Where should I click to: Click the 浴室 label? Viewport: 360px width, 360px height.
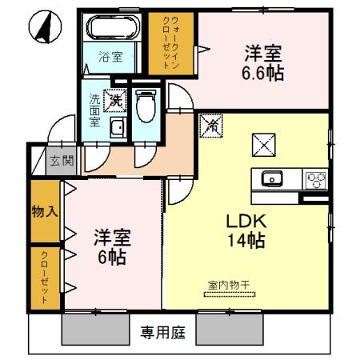(110, 57)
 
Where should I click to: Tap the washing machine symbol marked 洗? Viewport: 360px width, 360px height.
(116, 101)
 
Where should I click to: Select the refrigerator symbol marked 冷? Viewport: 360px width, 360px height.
(213, 126)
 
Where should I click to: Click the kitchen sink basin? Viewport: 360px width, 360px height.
(270, 178)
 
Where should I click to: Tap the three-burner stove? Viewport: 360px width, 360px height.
(314, 178)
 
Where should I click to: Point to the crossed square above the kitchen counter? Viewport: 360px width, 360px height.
(263, 145)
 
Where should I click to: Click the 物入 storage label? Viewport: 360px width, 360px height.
(45, 212)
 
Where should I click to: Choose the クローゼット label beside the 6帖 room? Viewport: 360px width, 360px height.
(45, 278)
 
